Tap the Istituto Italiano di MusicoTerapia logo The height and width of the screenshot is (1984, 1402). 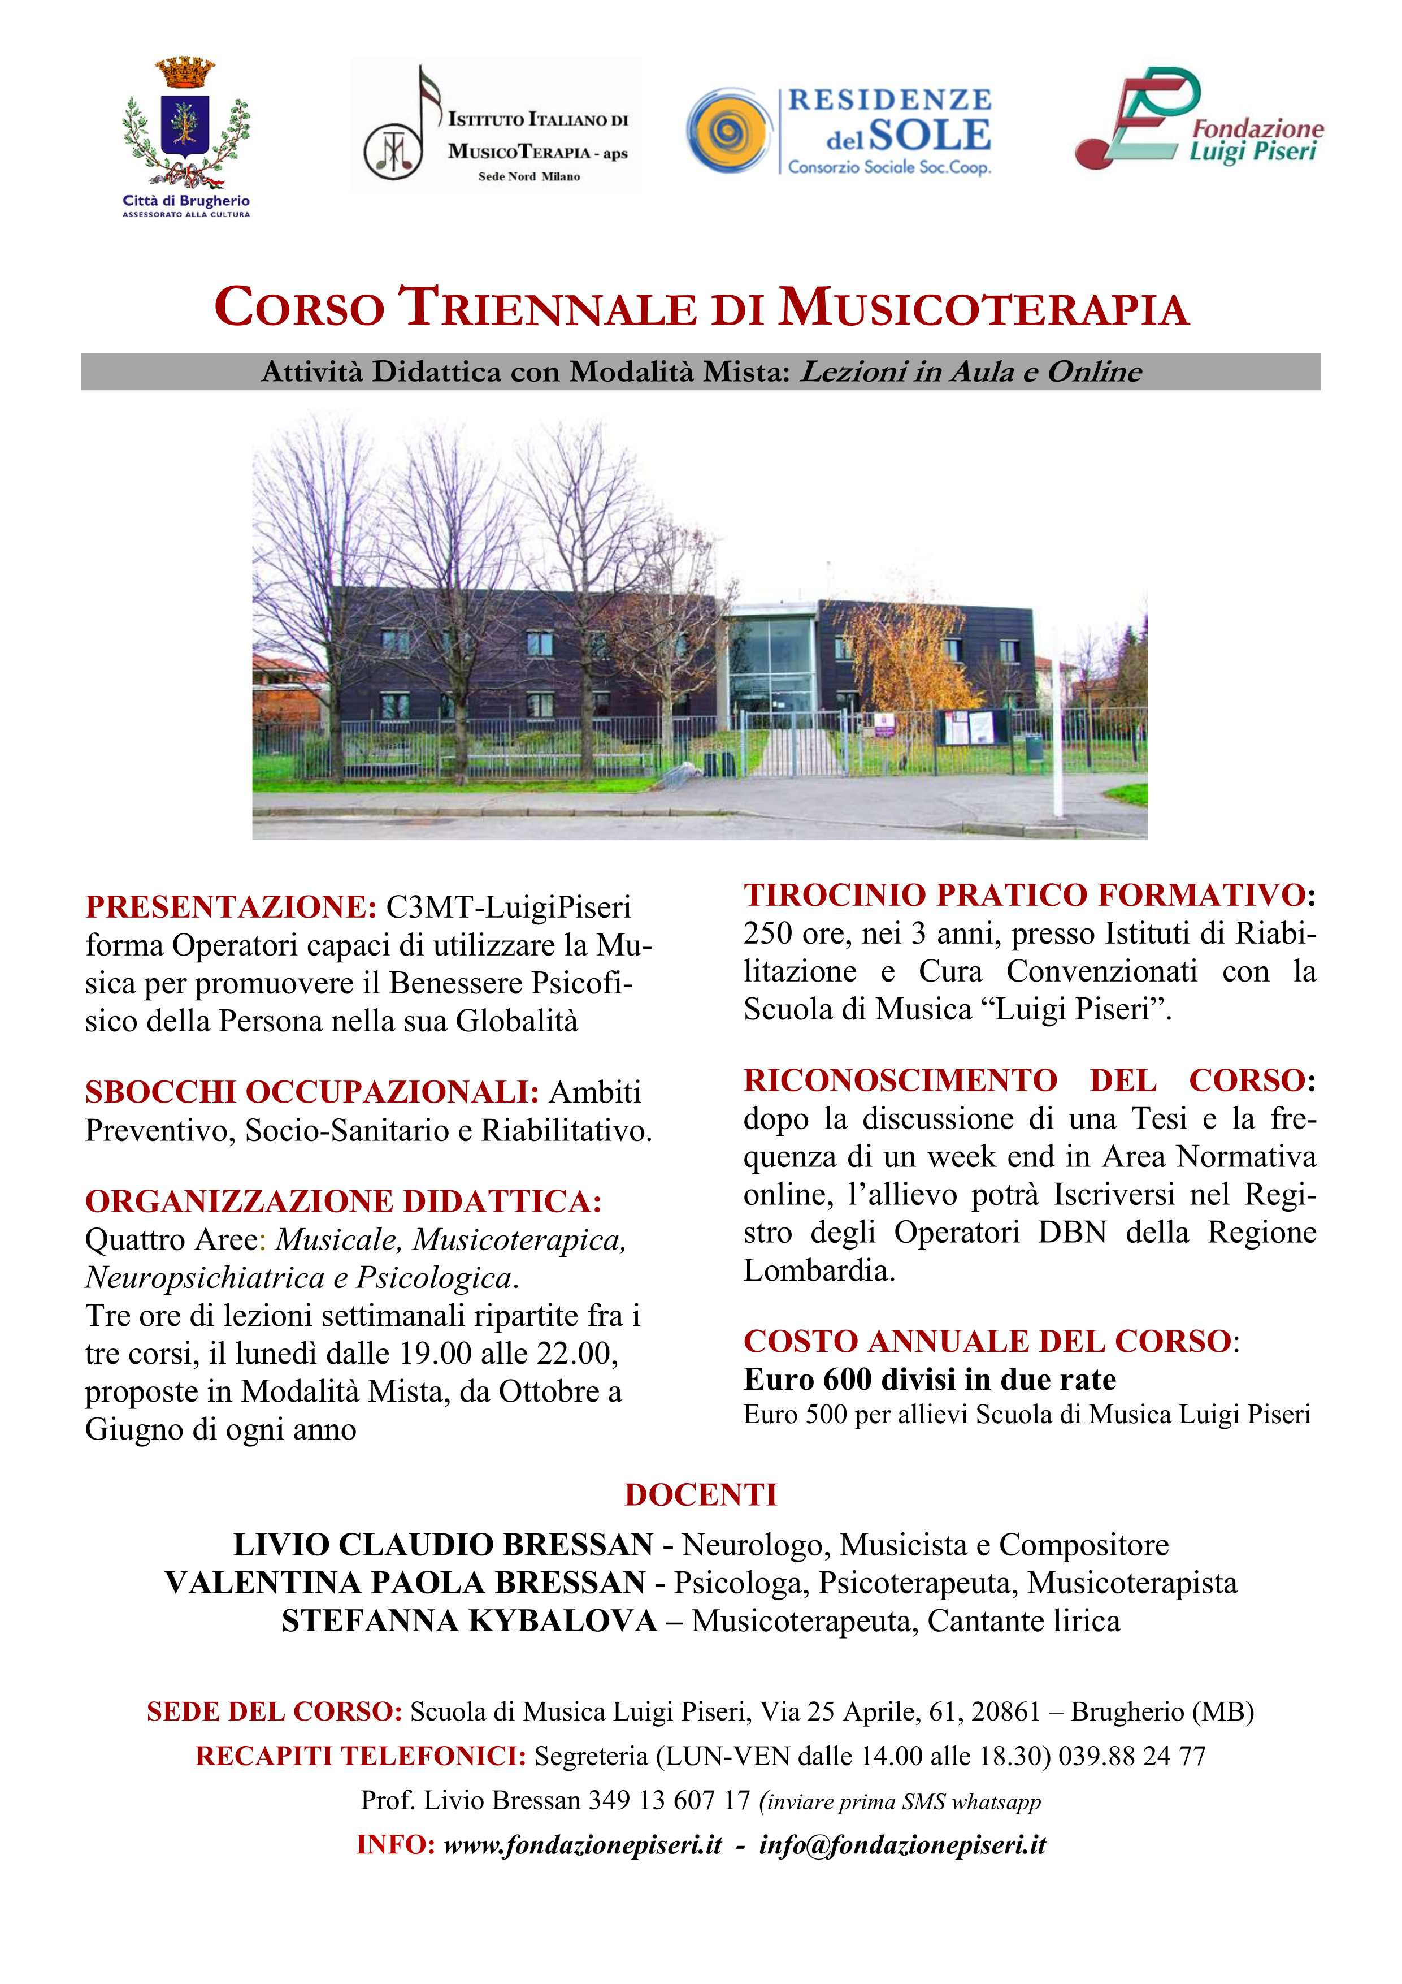coord(495,126)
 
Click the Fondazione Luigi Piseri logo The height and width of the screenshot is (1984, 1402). coord(1197,121)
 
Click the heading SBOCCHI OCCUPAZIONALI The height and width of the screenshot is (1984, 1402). coord(312,1092)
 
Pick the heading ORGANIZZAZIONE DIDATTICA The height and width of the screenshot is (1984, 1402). coord(343,1202)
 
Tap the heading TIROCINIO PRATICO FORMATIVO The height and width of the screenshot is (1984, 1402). coord(1025,895)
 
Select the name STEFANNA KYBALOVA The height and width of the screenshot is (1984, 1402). coord(469,1620)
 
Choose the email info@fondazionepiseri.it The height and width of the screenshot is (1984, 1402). coord(902,1845)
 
